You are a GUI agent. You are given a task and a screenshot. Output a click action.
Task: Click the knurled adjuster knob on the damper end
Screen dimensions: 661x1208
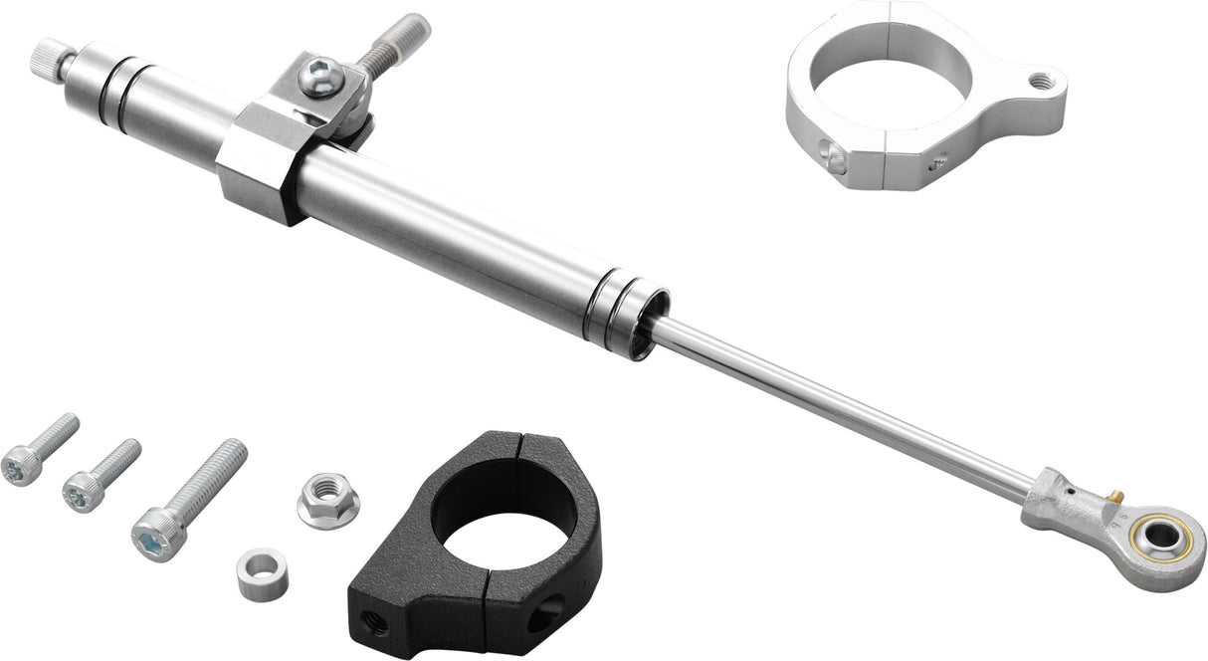click(x=49, y=57)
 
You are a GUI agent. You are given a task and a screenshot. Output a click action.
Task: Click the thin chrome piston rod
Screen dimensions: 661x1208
click(x=846, y=408)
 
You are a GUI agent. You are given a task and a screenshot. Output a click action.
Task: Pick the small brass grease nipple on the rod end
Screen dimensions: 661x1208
click(x=1115, y=494)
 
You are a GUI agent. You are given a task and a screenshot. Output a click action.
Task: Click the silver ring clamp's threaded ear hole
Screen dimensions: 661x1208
click(x=1041, y=83)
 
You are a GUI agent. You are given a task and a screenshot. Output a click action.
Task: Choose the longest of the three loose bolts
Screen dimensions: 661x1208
click(x=189, y=499)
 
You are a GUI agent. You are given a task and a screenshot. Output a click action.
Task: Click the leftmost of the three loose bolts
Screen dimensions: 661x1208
click(x=40, y=449)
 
